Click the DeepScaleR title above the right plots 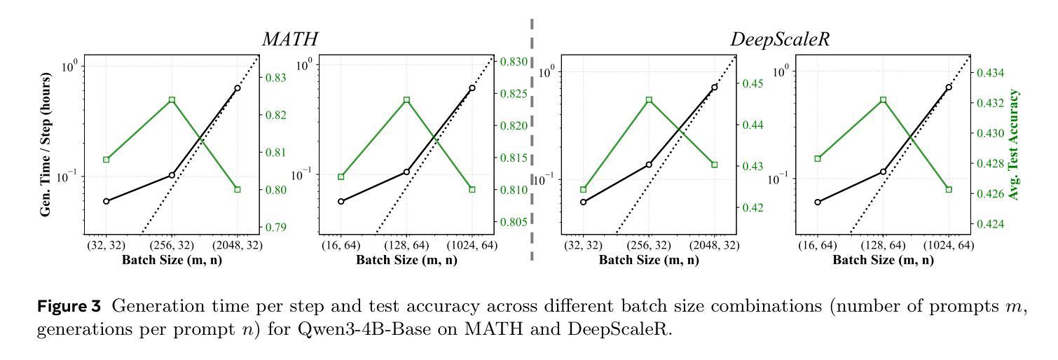point(771,40)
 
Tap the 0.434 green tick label point(991,73)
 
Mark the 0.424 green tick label point(991,224)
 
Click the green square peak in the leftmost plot point(172,100)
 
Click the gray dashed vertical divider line point(532,140)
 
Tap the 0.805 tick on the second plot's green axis point(514,222)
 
